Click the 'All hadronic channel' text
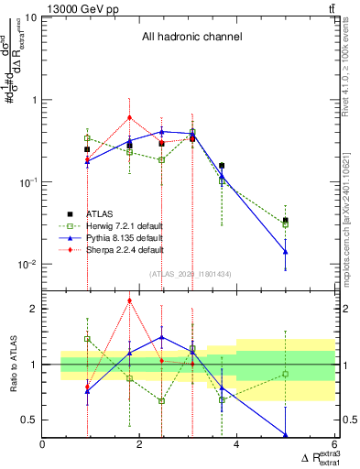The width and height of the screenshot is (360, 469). click(191, 38)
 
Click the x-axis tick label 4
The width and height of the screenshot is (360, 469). click(236, 445)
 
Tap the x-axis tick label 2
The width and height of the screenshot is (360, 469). click(140, 445)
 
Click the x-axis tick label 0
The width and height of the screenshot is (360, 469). click(44, 445)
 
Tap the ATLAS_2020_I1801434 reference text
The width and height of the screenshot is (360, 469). click(190, 273)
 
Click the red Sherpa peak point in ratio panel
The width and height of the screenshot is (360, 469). click(130, 300)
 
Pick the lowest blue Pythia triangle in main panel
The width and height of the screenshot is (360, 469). click(286, 251)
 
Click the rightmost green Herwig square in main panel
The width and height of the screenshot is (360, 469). click(286, 224)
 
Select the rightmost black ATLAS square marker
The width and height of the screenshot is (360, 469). click(286, 221)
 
